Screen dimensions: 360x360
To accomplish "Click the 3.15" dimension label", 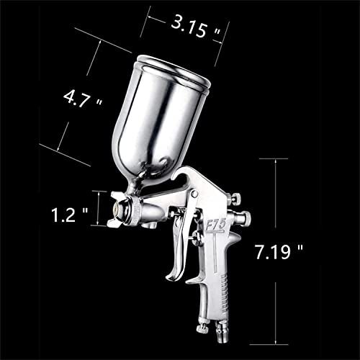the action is pos(195,27).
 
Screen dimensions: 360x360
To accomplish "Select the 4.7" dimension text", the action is pos(83,99).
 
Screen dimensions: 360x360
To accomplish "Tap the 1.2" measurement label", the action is pos(70,215).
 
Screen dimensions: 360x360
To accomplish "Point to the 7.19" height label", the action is pos(279,252).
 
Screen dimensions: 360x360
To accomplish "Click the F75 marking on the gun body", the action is pos(216,226).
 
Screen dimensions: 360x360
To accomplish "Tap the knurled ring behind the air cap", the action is pos(136,210).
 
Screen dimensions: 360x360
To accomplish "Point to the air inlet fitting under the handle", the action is pos(220,333).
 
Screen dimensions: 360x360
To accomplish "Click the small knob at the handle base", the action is pos(202,328).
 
